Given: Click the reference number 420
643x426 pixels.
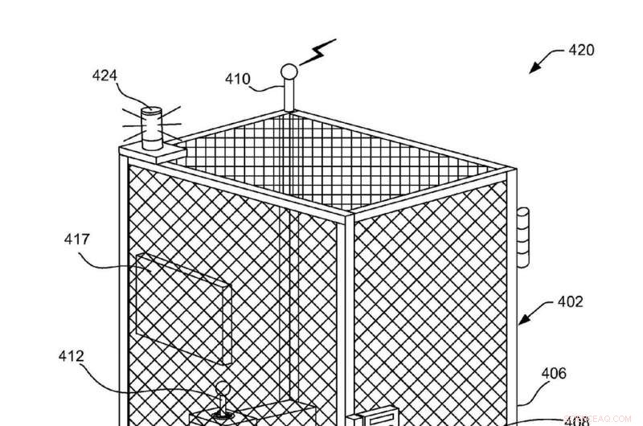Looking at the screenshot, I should point(581,51).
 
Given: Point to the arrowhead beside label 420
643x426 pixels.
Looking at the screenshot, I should point(532,71).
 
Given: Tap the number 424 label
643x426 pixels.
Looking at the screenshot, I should point(105,76).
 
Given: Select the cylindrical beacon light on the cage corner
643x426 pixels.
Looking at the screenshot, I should point(151,129).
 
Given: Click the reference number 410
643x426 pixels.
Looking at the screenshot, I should point(237,80).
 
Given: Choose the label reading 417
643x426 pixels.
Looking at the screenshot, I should point(77,239).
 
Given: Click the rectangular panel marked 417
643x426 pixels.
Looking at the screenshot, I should point(182,299).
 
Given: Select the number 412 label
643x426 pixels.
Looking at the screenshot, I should point(71,355).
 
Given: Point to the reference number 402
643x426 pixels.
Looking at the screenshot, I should point(570,302).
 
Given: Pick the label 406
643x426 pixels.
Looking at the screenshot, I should point(554,373).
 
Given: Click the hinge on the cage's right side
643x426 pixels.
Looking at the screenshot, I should point(524,236).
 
